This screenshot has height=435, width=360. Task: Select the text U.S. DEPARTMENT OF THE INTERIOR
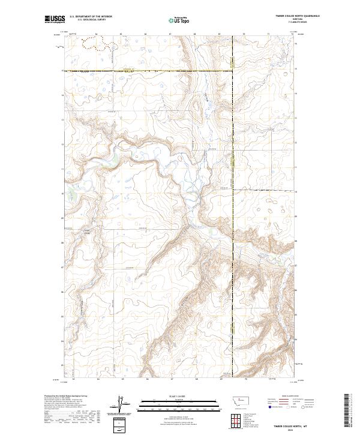91,17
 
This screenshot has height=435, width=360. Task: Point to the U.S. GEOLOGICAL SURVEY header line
91,20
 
